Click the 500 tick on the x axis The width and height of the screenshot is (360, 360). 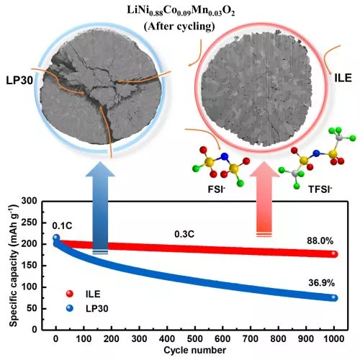(x=196, y=338)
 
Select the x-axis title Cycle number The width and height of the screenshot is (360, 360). (x=194, y=351)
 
